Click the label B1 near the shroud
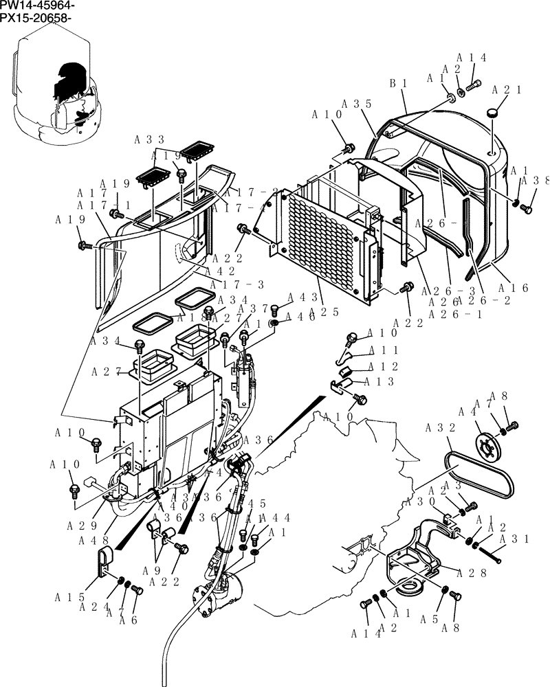click(x=399, y=83)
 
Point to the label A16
click(x=514, y=289)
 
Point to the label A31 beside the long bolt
click(x=512, y=540)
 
